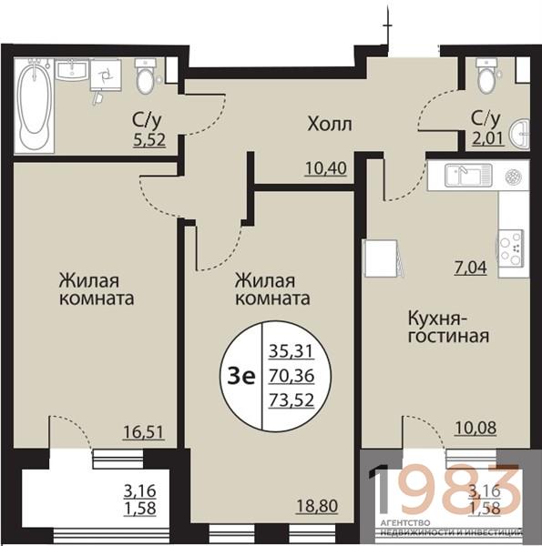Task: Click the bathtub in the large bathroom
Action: click(34, 106)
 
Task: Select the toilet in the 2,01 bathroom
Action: click(487, 76)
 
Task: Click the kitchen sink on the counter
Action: click(467, 176)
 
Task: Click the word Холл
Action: click(330, 125)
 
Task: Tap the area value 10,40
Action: click(326, 168)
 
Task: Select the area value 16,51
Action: click(143, 432)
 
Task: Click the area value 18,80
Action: click(317, 506)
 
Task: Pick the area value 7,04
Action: click(471, 268)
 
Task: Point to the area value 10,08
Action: click(476, 428)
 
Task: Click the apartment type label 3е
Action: click(241, 377)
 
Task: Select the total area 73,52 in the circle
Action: click(291, 400)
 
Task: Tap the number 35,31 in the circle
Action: click(291, 351)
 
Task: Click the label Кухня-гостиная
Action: click(448, 328)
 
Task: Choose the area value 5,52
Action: click(149, 140)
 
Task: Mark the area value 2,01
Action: click(487, 138)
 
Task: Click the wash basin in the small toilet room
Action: click(520, 133)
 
